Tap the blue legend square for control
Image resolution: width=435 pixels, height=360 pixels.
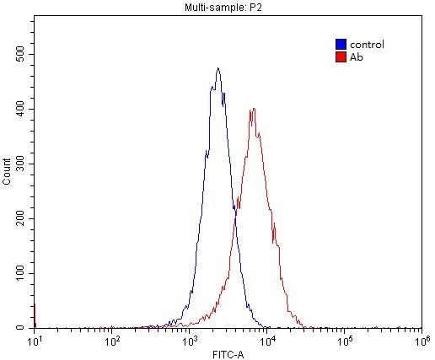click(340, 44)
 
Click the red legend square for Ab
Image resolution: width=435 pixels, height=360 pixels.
click(340, 56)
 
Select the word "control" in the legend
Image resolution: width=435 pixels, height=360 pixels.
click(367, 44)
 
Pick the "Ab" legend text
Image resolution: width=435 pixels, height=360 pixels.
click(355, 56)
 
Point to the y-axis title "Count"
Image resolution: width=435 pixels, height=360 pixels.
click(8, 172)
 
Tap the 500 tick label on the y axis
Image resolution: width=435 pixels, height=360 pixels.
click(20, 54)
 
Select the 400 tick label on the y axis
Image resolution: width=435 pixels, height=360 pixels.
click(20, 109)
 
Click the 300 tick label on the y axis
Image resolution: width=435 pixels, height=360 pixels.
click(20, 164)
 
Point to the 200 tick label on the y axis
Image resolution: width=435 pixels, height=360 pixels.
click(20, 218)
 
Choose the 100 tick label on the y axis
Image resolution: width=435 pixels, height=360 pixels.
click(20, 273)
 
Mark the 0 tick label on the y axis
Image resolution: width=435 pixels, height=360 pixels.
click(26, 327)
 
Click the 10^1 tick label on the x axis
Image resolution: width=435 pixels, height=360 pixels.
click(35, 341)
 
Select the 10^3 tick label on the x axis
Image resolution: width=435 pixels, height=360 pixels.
click(190, 341)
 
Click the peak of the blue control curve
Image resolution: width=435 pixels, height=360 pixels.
click(217, 69)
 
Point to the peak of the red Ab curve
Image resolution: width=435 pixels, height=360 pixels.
click(253, 109)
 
